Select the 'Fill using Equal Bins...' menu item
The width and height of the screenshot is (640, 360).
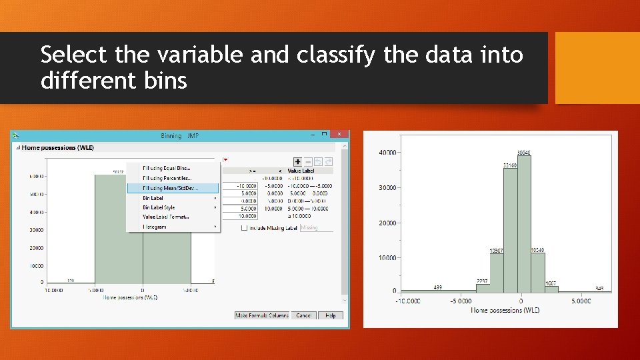pyautogui.click(x=167, y=169)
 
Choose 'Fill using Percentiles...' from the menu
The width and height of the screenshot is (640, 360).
pyautogui.click(x=167, y=178)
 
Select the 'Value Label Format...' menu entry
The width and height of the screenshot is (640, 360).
pyautogui.click(x=166, y=217)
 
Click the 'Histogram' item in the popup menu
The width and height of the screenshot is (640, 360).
pyautogui.click(x=155, y=227)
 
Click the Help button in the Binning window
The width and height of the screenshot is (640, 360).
pyautogui.click(x=330, y=315)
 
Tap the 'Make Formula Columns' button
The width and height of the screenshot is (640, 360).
pyautogui.click(x=262, y=315)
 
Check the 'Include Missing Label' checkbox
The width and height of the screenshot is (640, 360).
pyautogui.click(x=245, y=227)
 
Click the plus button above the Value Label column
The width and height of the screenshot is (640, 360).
pyautogui.click(x=297, y=161)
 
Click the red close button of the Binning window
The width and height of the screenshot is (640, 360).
pyautogui.click(x=340, y=134)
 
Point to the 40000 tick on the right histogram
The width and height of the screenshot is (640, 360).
pyautogui.click(x=387, y=153)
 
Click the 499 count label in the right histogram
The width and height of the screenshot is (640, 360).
pyautogui.click(x=438, y=287)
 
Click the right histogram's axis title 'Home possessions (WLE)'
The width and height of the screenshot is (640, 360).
pyautogui.click(x=505, y=310)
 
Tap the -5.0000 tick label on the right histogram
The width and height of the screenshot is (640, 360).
pyautogui.click(x=461, y=301)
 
